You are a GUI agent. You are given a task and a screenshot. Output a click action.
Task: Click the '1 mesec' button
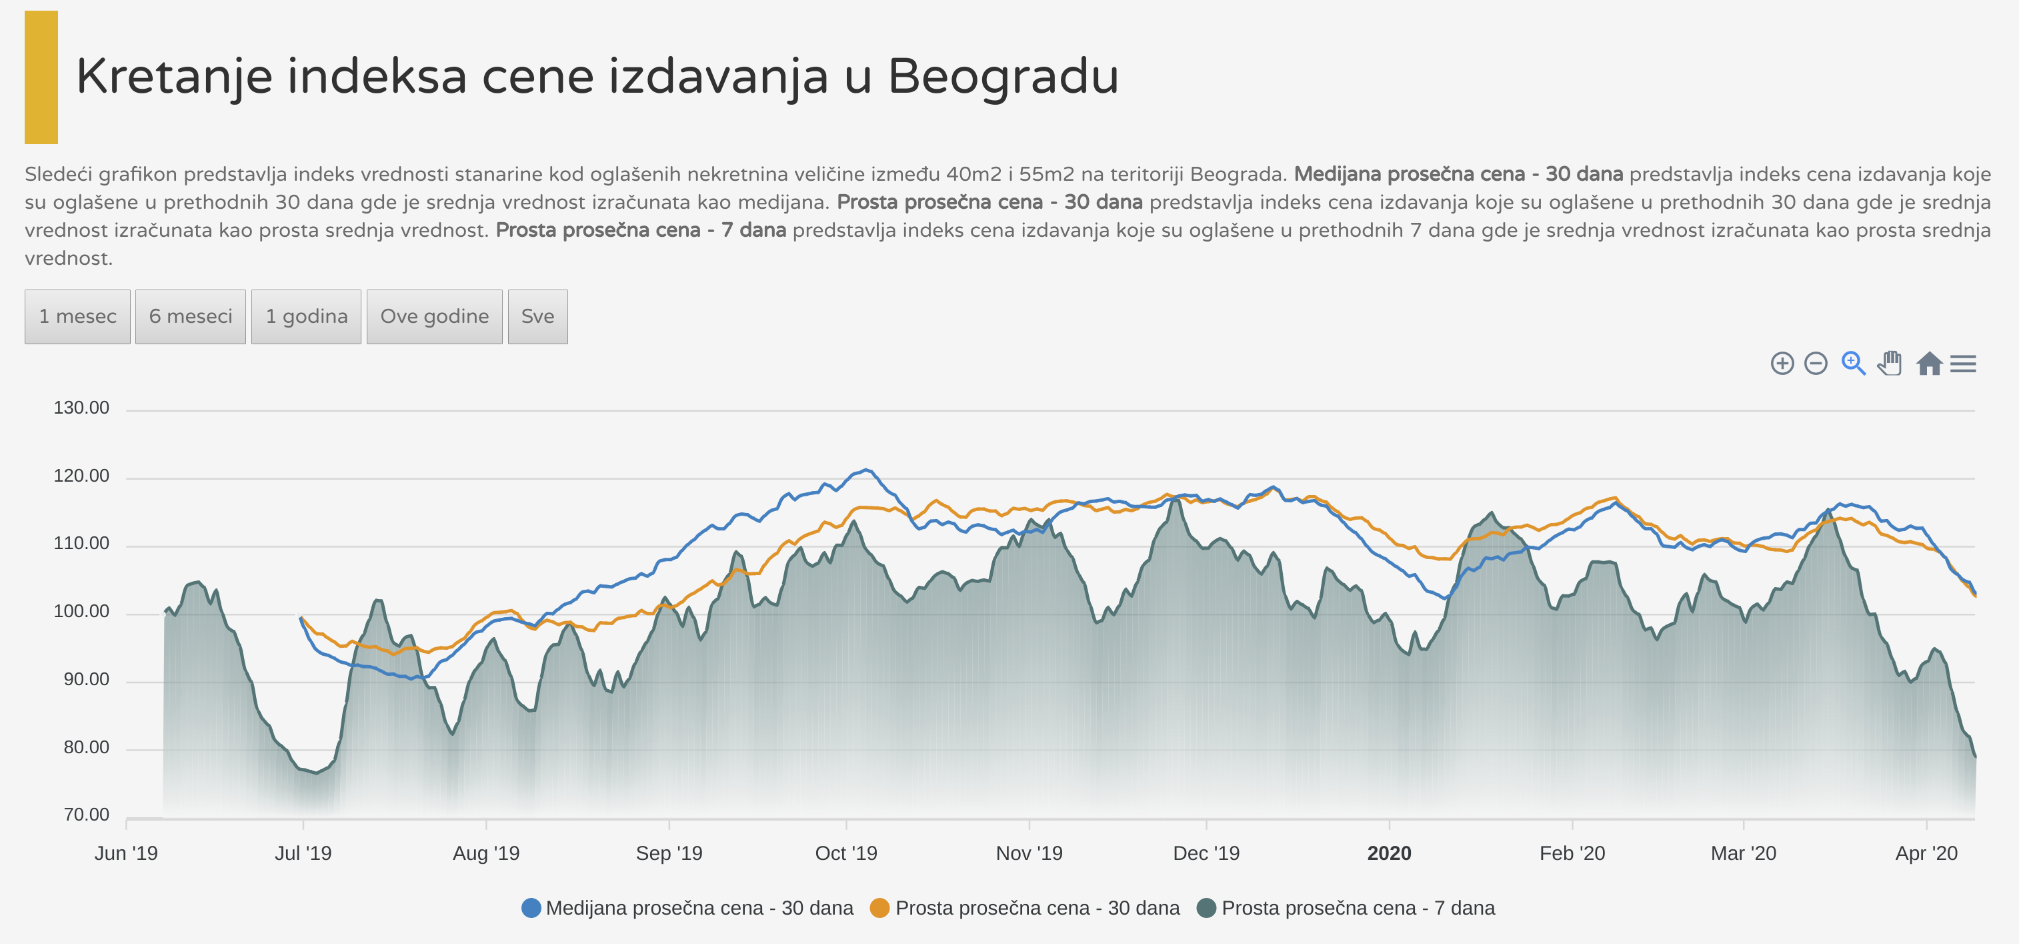[77, 317]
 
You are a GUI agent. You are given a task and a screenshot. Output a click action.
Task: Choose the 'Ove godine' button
[434, 317]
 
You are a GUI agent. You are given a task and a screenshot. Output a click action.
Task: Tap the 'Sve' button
[537, 317]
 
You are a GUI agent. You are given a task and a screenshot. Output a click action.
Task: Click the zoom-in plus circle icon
[1782, 364]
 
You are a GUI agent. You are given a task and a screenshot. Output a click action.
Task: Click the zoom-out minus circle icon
[1815, 364]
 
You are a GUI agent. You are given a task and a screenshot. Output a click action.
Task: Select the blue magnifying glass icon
[1853, 363]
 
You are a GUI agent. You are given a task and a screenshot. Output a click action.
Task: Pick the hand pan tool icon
[1890, 363]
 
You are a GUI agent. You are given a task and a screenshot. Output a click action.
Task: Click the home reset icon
[1929, 364]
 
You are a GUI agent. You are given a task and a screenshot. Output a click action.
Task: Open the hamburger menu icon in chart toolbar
[1964, 364]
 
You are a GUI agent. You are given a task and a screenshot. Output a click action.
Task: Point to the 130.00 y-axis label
[81, 408]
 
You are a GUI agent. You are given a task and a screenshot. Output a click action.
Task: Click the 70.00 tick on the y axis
[85, 815]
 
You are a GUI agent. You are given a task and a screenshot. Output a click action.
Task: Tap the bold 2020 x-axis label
[1389, 853]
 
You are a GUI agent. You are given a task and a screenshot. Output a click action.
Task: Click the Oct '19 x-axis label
[845, 853]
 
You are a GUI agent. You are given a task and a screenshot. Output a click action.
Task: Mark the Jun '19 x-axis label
[125, 853]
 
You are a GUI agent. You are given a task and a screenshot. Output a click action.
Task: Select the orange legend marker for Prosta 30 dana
[879, 908]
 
